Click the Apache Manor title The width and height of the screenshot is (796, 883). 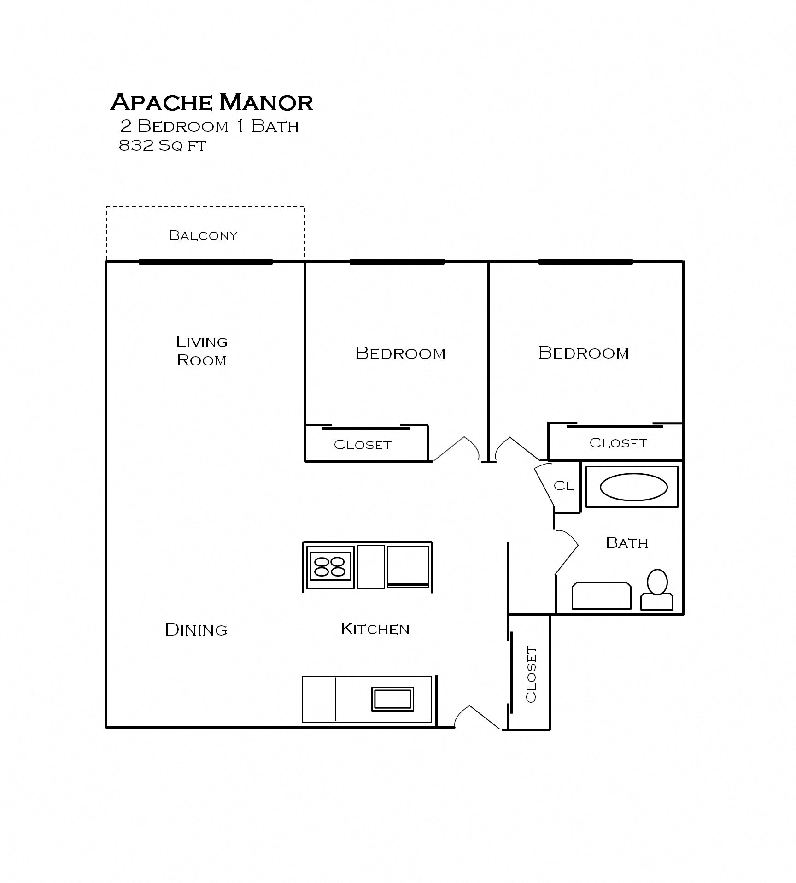click(x=211, y=102)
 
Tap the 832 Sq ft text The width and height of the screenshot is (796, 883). click(x=162, y=146)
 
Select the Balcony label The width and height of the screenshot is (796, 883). click(x=203, y=235)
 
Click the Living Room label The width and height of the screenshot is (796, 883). click(x=202, y=351)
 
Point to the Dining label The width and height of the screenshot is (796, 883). click(x=196, y=630)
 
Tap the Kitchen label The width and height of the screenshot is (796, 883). click(x=375, y=629)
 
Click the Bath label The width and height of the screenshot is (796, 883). click(x=626, y=543)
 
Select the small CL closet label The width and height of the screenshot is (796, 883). click(x=564, y=486)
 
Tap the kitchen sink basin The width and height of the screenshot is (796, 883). click(x=392, y=699)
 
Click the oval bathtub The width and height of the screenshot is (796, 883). click(x=633, y=487)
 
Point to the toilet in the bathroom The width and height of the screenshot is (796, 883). click(x=657, y=590)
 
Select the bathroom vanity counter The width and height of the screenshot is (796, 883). click(x=601, y=595)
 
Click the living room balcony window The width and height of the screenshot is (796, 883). click(x=205, y=262)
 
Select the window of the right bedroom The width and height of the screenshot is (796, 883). click(x=585, y=262)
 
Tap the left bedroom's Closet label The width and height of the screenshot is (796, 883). click(x=363, y=445)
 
